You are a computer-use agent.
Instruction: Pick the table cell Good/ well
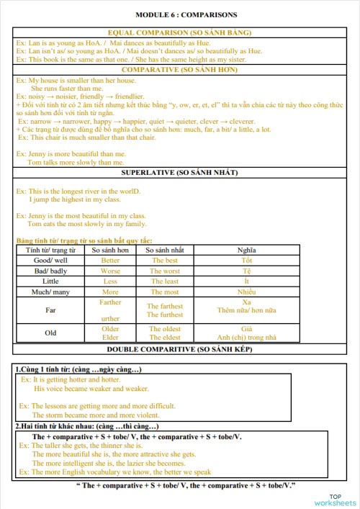pos(51,260)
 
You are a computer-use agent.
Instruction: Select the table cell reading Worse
pos(110,271)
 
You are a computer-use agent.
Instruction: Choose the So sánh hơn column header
pos(110,250)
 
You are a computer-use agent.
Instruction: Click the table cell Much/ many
pos(51,292)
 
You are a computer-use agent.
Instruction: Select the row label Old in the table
pos(51,333)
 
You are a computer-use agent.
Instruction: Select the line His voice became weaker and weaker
pos(91,388)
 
